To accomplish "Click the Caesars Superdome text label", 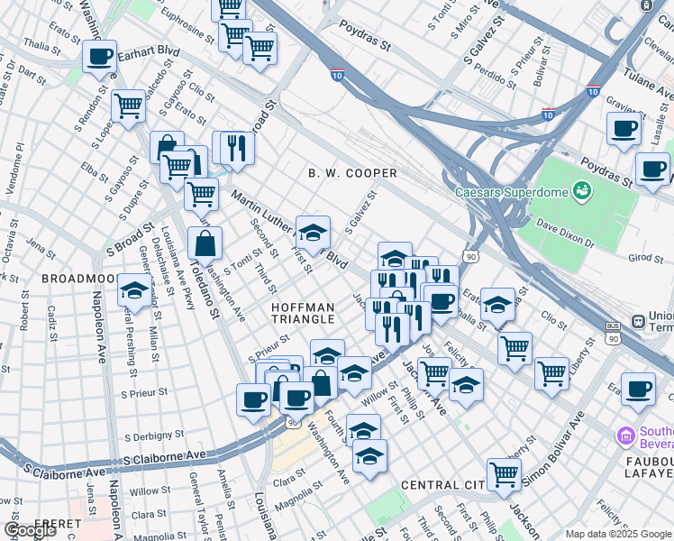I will pos(511,192).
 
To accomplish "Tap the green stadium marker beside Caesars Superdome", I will pos(581,190).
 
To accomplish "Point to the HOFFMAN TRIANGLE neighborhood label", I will pos(303,315).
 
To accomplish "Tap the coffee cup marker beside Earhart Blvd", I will pos(99,57).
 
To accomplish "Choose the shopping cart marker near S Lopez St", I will pos(129,106).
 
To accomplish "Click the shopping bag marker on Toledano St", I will pos(205,243).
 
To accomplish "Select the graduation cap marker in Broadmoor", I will pos(133,290).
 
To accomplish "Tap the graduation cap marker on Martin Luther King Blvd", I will pos(313,233).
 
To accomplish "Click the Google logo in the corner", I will pos(31,530).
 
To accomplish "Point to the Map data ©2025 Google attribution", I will pos(619,534).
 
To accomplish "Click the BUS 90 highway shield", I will pos(614,332).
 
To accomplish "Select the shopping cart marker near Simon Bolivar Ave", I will pos(505,473).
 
